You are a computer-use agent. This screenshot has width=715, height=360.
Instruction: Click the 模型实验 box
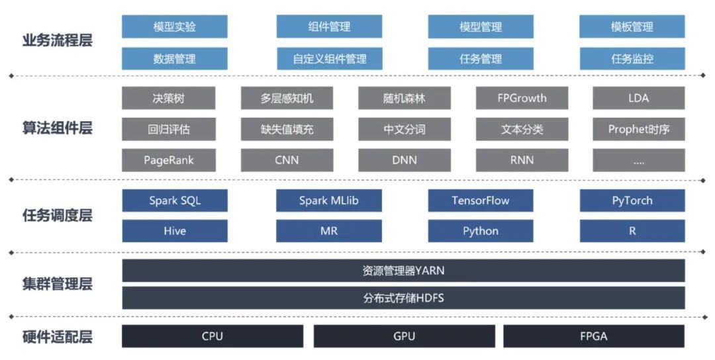[175, 27]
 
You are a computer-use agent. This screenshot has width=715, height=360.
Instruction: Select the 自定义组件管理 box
[329, 59]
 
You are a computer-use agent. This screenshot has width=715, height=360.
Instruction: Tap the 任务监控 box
[632, 59]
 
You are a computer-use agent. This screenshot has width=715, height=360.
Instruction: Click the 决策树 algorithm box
[168, 99]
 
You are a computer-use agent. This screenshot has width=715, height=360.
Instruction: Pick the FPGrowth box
[522, 99]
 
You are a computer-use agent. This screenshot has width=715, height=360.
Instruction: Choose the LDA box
[638, 99]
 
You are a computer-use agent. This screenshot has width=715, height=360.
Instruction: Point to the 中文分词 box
[404, 130]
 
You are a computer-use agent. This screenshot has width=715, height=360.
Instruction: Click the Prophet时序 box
[638, 130]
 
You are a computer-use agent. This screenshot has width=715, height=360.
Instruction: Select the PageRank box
[168, 160]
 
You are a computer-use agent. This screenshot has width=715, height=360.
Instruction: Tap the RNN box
[522, 160]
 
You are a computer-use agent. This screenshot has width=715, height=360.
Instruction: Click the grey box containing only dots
[638, 160]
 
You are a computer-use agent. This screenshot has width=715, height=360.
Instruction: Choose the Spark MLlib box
[329, 201]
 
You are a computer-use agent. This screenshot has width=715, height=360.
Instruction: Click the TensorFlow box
[481, 201]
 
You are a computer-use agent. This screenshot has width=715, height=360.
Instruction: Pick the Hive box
[175, 231]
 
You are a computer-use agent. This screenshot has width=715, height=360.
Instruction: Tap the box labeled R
[632, 231]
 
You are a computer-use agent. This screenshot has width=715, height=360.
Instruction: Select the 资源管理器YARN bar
[403, 271]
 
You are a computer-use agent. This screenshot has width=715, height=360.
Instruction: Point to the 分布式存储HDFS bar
[403, 298]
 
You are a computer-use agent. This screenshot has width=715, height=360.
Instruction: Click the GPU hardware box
[404, 336]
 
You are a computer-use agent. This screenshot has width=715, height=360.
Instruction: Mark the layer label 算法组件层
[57, 128]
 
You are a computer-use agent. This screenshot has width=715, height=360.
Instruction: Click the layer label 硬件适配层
[57, 337]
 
